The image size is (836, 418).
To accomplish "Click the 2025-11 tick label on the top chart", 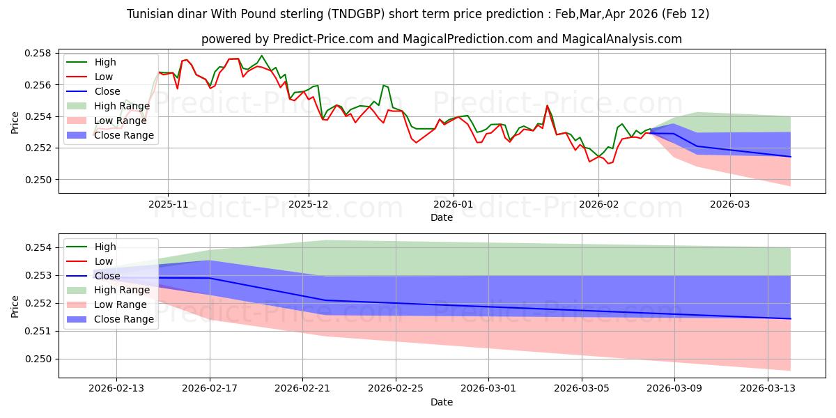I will click(x=167, y=205).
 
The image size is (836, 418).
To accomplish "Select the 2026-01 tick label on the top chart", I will click(x=454, y=205).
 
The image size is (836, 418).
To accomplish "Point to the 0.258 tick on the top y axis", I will click(x=40, y=54).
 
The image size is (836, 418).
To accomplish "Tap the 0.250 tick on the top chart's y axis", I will click(x=40, y=180).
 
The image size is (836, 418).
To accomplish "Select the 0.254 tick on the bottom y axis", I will click(x=40, y=247).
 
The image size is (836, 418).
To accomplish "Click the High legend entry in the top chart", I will click(x=105, y=62).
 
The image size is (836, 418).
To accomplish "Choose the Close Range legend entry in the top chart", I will click(x=124, y=135).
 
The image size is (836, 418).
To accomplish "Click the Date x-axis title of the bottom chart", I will click(x=442, y=402).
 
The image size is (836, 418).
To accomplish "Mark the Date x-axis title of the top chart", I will click(x=442, y=217).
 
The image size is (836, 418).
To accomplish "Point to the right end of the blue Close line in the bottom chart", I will click(x=791, y=318).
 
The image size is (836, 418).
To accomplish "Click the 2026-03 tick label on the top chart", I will click(x=730, y=205).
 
